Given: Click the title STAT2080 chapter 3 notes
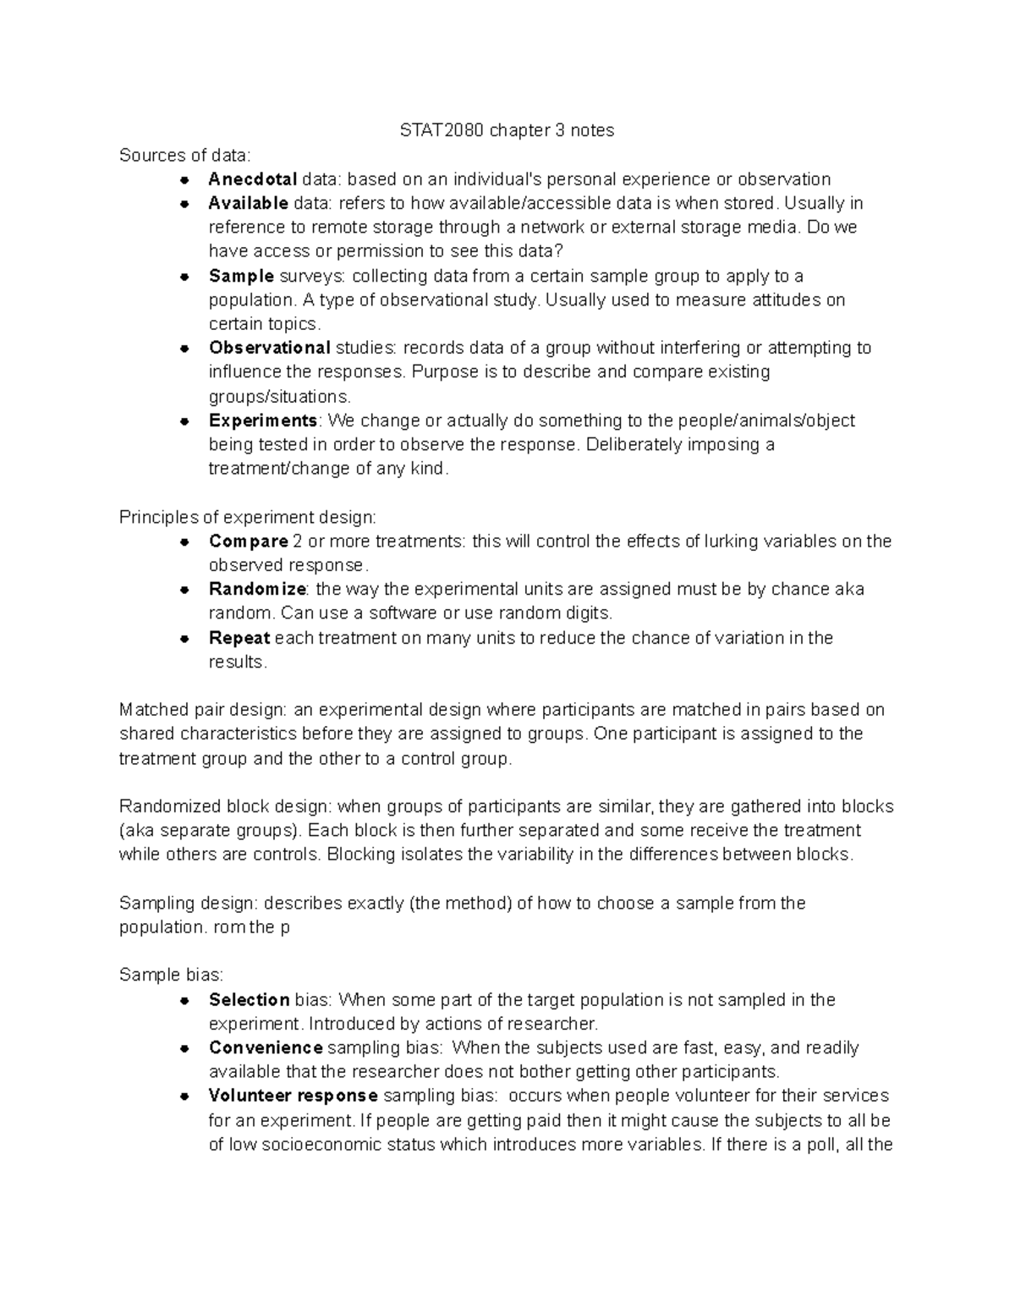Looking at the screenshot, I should tap(507, 130).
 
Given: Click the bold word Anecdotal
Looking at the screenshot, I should tap(252, 179).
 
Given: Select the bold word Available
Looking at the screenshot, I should tap(249, 203).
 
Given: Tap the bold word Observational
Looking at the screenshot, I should tap(269, 348).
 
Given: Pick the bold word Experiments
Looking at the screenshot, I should tap(263, 421).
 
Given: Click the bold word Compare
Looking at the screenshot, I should tap(249, 541).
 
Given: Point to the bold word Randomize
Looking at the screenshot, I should tap(259, 589).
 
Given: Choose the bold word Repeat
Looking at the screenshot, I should tap(239, 638).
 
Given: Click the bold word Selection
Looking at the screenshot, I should tap(250, 1000).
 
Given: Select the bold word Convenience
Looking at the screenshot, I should tap(266, 1048).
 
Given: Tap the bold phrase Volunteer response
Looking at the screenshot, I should tap(293, 1096).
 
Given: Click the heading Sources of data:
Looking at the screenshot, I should tap(185, 155).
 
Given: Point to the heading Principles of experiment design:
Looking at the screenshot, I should tap(248, 517).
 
